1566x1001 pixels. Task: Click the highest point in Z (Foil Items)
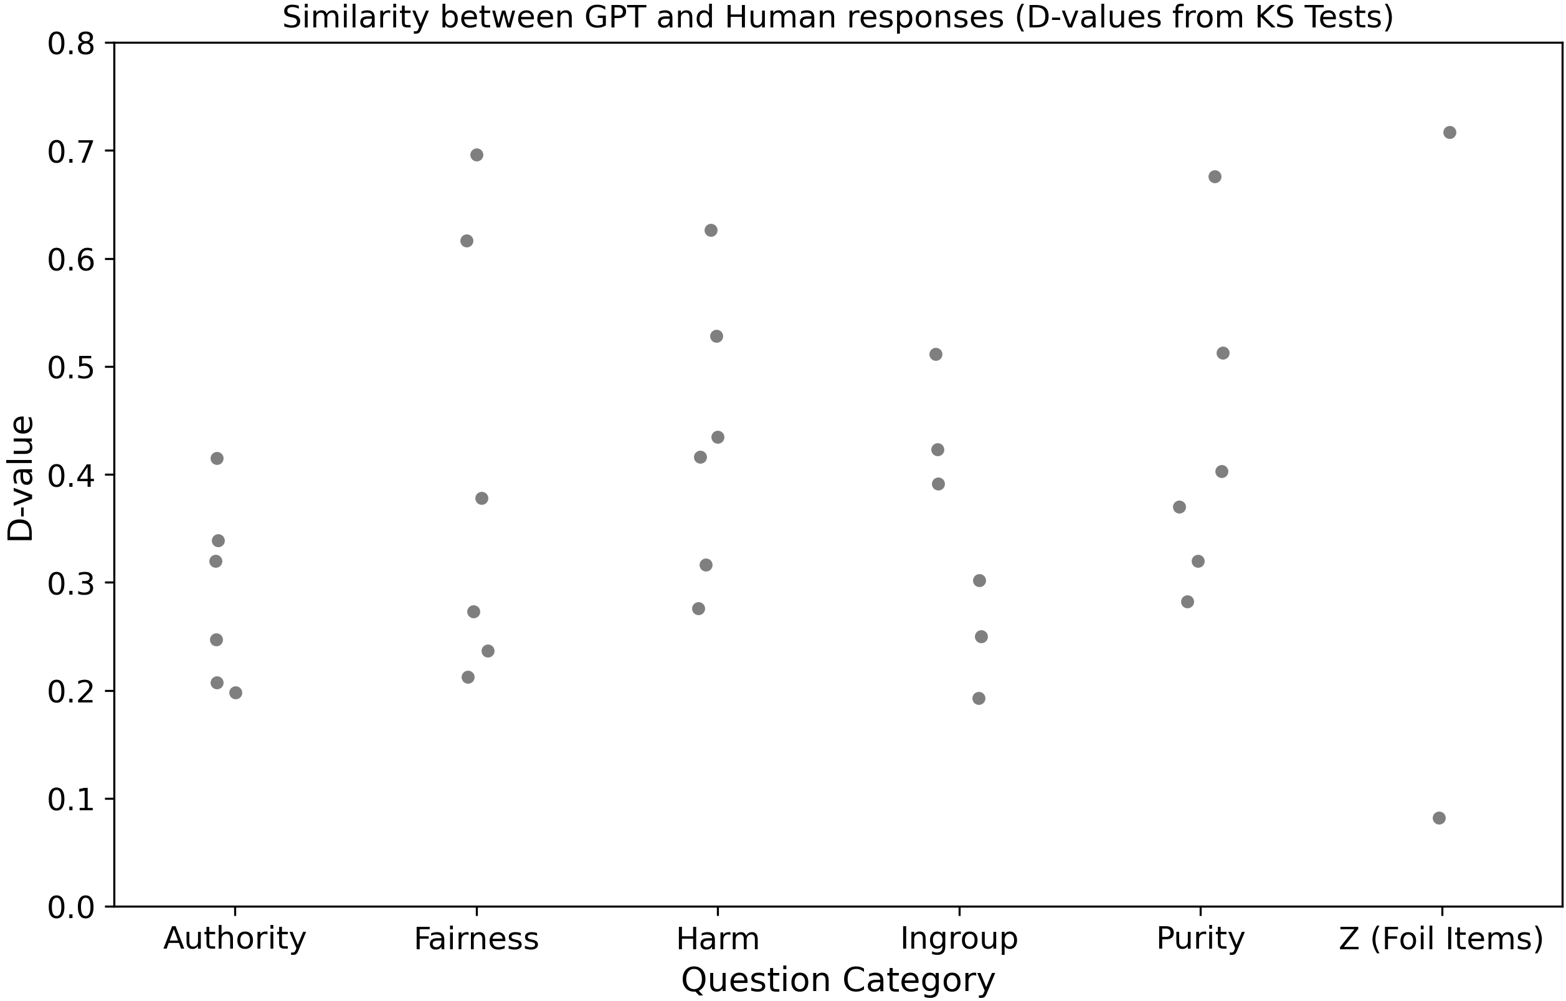tap(1450, 133)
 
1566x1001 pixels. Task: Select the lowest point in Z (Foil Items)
tap(1439, 818)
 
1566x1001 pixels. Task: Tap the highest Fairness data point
tap(477, 155)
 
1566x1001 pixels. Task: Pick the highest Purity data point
tap(1215, 177)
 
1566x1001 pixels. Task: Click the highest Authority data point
tap(217, 459)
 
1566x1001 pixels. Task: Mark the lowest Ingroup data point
tap(979, 698)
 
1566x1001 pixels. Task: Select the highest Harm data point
tap(711, 231)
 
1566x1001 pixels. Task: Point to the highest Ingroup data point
tap(936, 355)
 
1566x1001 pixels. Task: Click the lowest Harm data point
tap(698, 609)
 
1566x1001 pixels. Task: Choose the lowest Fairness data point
tap(468, 678)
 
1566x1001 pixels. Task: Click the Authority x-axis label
tap(234, 939)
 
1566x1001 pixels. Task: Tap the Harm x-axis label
tap(718, 939)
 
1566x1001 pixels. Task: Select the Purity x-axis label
tap(1200, 939)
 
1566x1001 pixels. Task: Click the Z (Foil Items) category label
tap(1441, 939)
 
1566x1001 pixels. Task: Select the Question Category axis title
tap(838, 980)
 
